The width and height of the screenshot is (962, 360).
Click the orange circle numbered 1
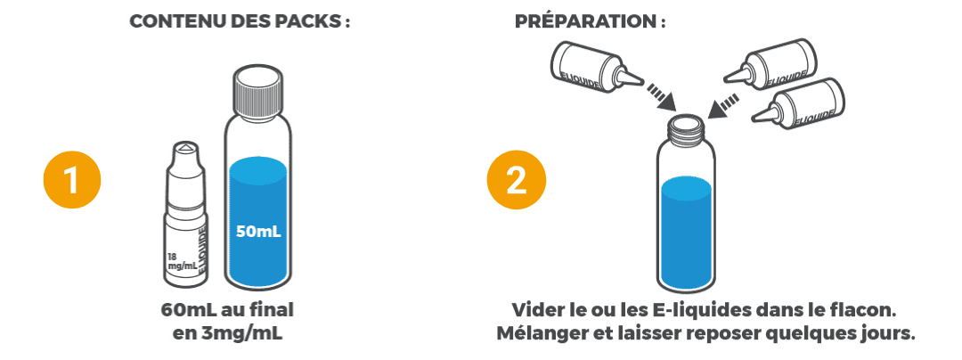[71, 180]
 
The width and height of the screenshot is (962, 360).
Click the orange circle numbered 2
[515, 180]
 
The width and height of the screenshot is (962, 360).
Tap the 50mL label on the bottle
[258, 232]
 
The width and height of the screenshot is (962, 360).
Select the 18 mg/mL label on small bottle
[180, 259]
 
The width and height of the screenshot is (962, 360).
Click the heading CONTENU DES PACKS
[239, 22]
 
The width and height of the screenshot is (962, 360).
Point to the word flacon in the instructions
[869, 311]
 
